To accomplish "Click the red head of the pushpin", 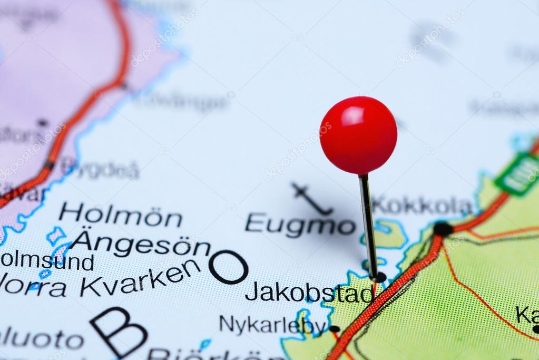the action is [358, 135].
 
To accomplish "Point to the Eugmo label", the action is [300, 224].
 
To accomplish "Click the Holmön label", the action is [120, 215].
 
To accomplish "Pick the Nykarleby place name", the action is [272, 325].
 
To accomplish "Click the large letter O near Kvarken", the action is [228, 267].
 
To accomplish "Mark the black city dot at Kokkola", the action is [443, 229].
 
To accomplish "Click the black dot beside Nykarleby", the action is [334, 329].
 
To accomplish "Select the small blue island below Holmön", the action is [55, 235].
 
